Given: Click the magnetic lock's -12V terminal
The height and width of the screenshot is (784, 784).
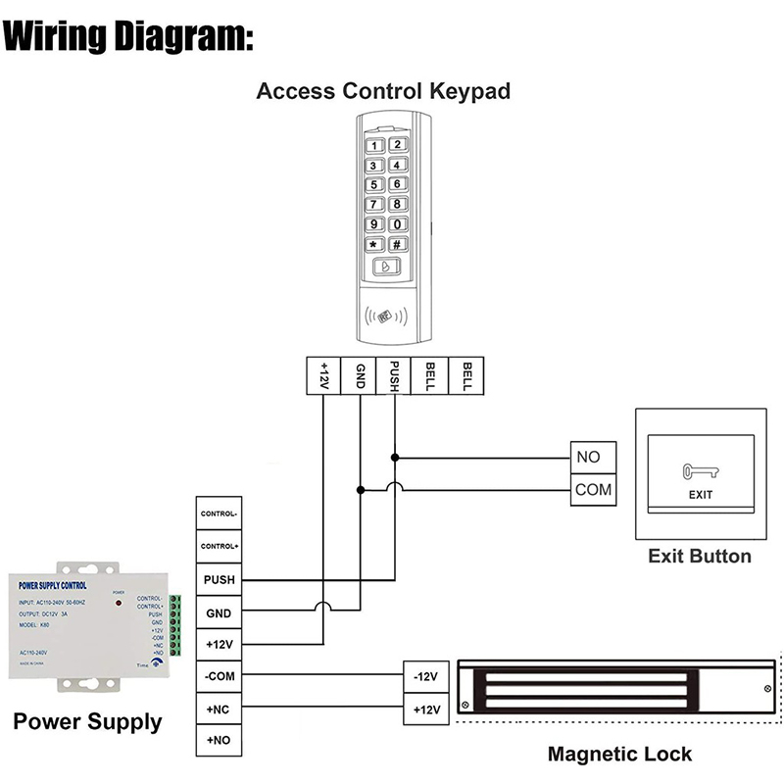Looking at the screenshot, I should tap(425, 676).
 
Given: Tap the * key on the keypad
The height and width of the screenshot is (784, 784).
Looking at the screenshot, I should tap(373, 245).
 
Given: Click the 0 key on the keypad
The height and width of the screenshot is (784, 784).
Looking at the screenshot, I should tap(398, 224).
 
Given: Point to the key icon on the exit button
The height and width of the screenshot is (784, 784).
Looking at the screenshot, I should tap(700, 470).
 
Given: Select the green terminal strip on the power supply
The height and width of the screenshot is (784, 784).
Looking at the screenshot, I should tap(176, 626).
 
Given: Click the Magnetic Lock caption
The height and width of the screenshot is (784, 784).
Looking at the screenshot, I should tap(619, 754).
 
